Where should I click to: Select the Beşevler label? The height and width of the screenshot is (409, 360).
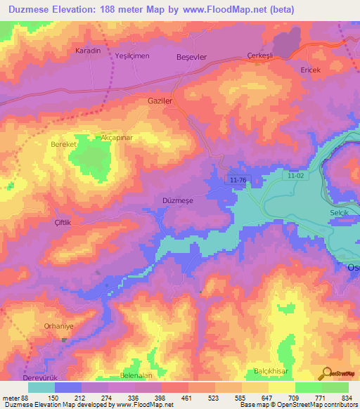click(192, 56)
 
